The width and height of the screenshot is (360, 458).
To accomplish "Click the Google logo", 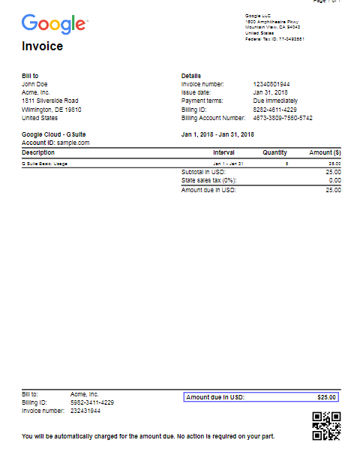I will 54,24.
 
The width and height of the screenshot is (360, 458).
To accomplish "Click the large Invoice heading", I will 42,47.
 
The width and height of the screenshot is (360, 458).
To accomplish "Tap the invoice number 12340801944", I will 271,84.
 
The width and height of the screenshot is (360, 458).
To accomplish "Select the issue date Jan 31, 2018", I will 271,92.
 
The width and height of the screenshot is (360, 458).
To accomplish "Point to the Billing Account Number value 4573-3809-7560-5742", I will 283,118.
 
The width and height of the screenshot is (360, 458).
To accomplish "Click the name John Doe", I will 34,84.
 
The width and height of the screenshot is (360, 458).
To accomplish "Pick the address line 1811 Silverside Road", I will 50,101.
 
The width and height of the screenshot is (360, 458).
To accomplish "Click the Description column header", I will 38,152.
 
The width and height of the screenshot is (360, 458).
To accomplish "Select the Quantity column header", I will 274,152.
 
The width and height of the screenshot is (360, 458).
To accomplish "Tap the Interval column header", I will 223,152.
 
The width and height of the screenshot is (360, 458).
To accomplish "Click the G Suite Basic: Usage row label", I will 45,163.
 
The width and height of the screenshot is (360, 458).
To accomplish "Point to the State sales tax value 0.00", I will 334,181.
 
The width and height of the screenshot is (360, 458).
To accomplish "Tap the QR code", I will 326,426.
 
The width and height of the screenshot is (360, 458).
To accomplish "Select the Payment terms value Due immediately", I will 275,101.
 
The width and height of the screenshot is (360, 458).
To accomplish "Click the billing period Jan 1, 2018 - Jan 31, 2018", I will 217,134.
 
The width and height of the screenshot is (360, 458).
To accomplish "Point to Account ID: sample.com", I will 55,142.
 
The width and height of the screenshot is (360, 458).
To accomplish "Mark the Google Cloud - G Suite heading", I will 54,134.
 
